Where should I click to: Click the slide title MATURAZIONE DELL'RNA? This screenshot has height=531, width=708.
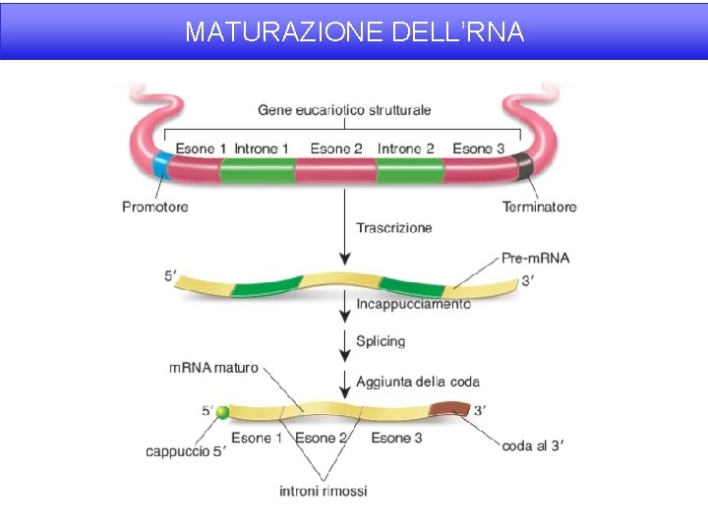(x=354, y=32)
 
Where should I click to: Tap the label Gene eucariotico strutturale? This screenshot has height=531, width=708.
(x=344, y=109)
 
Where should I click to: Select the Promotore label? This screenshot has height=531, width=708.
(x=154, y=206)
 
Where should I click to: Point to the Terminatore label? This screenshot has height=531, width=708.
(x=539, y=206)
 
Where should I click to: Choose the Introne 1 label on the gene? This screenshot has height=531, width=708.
(x=262, y=148)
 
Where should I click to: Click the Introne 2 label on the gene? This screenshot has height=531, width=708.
(x=405, y=148)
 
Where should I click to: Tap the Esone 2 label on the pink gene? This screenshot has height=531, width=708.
(x=336, y=148)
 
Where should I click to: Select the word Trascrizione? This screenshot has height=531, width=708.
(x=393, y=228)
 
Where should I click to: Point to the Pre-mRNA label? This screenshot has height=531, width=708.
(x=535, y=259)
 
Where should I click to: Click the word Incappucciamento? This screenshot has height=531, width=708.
(x=413, y=304)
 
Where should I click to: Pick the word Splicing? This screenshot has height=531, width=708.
(x=380, y=341)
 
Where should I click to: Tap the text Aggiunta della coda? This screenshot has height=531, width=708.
(x=418, y=382)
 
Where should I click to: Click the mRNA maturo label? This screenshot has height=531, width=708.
(x=213, y=368)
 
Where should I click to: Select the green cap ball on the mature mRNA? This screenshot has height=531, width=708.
(x=222, y=412)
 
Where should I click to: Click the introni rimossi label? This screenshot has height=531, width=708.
(x=323, y=490)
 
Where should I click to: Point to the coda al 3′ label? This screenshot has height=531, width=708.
(x=532, y=446)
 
